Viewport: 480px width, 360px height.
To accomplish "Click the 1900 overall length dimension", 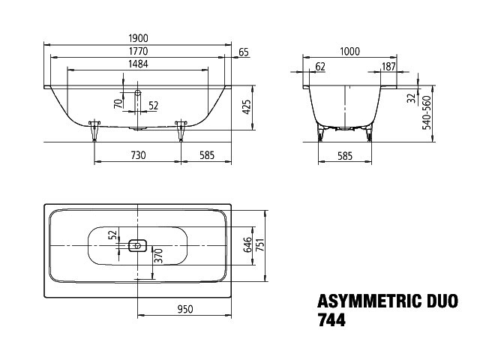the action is [138, 38].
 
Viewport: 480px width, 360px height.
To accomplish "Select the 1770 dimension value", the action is [138, 51].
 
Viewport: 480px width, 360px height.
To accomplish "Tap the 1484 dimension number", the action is [138, 64].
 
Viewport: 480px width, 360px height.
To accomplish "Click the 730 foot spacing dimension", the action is [138, 155].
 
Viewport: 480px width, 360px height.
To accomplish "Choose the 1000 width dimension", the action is [350, 52].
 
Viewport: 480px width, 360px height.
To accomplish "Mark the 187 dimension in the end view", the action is [388, 67].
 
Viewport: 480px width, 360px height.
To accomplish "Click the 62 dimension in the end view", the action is [320, 67].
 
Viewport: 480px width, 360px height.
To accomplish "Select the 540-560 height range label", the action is [427, 112].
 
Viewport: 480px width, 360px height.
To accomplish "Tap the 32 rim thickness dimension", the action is [412, 98].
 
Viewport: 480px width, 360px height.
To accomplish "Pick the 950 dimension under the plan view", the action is [185, 309].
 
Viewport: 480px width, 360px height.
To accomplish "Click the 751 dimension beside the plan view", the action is [260, 244].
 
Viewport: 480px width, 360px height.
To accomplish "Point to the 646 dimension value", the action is [247, 244].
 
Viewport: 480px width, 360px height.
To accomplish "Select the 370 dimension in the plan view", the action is [158, 256].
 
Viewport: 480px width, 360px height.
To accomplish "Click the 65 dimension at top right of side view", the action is [244, 52].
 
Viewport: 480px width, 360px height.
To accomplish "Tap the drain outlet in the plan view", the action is [137, 245].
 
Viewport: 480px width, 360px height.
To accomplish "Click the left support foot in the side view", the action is [94, 130].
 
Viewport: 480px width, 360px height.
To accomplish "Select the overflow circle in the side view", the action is [138, 92].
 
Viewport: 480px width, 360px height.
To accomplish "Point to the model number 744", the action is [331, 320].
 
